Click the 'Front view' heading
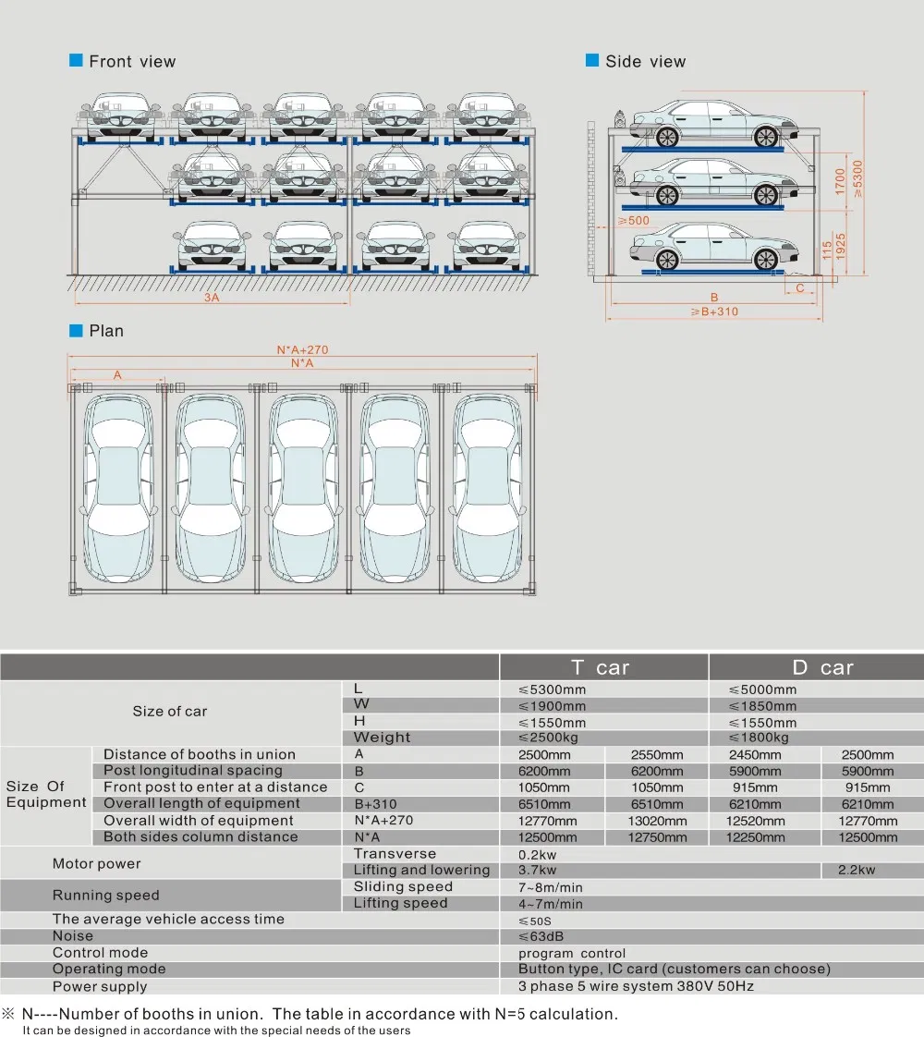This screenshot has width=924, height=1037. [x=131, y=62]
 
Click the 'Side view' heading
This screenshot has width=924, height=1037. [x=645, y=62]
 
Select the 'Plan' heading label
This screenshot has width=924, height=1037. [x=105, y=331]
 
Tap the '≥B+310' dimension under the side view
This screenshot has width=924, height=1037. [x=714, y=311]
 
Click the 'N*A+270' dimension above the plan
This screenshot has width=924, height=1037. [x=302, y=350]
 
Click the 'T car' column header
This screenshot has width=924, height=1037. [x=602, y=667]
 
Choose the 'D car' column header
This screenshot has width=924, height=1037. [x=821, y=667]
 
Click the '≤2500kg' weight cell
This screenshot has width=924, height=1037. [x=552, y=738]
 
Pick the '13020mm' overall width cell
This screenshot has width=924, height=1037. [x=656, y=821]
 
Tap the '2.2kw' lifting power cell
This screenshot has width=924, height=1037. [x=856, y=870]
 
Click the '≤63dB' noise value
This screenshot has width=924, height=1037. [x=541, y=936]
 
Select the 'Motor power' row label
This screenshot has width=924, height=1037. [x=97, y=863]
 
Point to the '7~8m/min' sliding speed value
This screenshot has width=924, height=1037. [x=551, y=887]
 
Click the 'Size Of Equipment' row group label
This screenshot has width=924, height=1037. [x=45, y=794]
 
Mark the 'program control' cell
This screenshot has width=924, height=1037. [x=571, y=953]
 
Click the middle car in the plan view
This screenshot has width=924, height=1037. [x=302, y=490]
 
